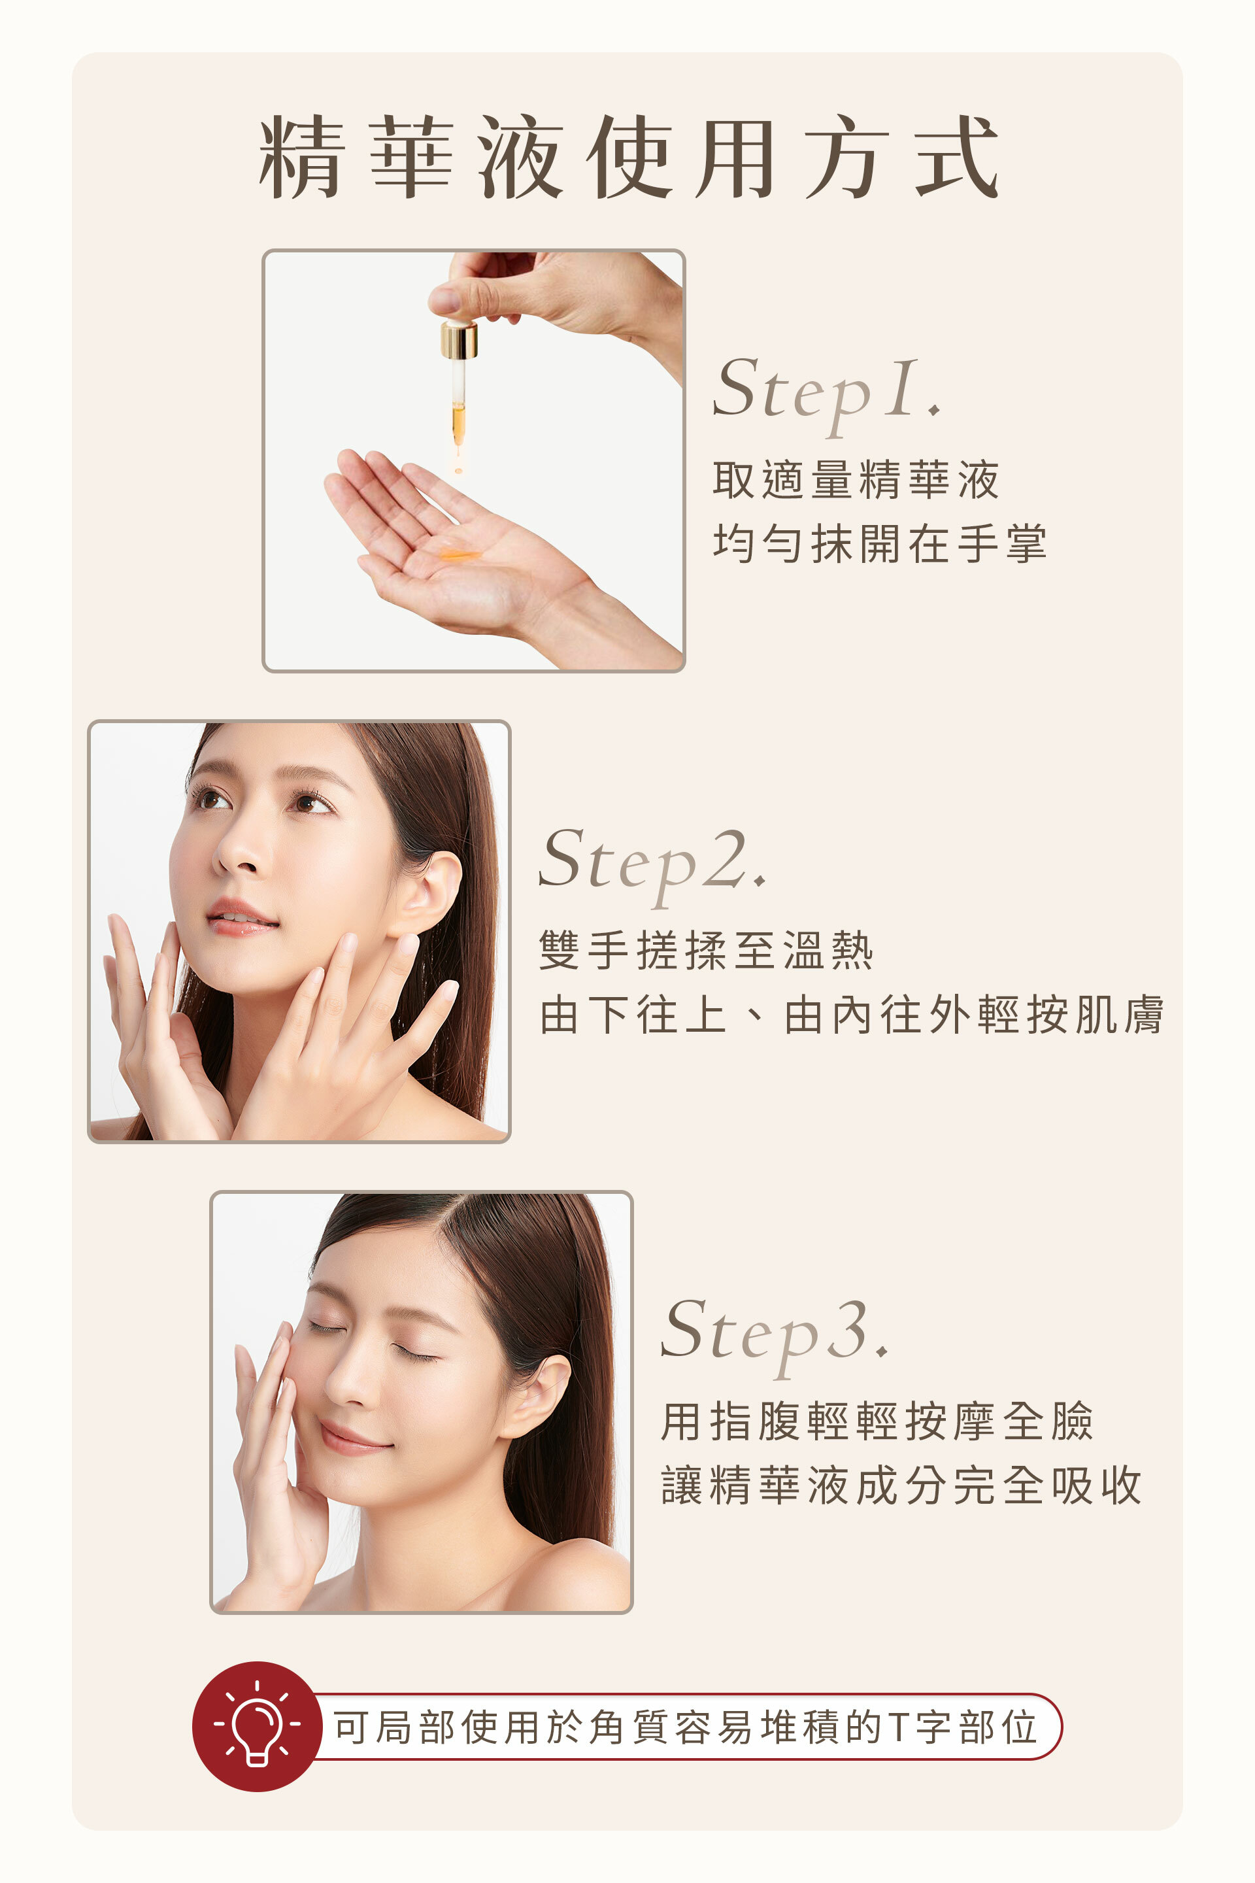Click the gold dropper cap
459,340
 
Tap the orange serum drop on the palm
459,554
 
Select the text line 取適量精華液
856,481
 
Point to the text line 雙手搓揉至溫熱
706,951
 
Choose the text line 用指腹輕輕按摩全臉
877,1422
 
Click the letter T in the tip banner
899,1727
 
